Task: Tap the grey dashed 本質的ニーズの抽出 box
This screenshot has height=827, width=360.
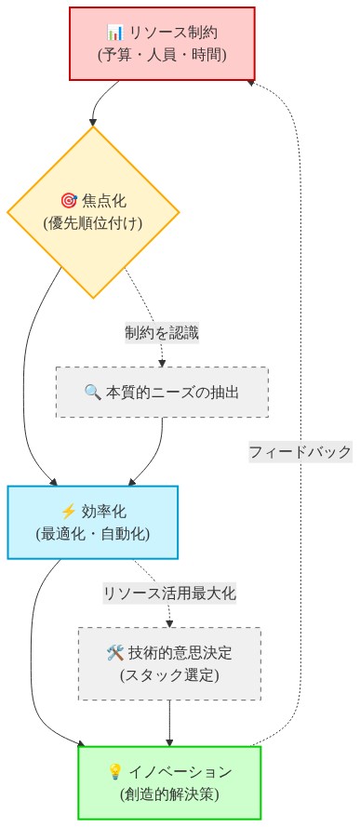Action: tap(162, 392)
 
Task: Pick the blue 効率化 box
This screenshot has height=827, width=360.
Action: tap(92, 521)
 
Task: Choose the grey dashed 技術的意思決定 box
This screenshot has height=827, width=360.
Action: tap(169, 663)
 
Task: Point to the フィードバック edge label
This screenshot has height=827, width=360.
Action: tap(300, 452)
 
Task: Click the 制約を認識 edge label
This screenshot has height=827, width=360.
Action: tap(162, 332)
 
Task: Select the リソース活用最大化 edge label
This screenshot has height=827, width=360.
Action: tap(169, 593)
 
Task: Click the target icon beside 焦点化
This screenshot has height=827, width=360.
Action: tap(68, 201)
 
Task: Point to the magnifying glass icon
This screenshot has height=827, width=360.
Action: tap(92, 392)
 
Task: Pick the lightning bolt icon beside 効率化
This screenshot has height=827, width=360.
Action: tap(67, 511)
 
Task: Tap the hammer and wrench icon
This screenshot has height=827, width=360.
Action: tap(115, 653)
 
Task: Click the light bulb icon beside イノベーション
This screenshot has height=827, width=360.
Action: tap(115, 771)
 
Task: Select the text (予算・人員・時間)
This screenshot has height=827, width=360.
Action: tap(162, 55)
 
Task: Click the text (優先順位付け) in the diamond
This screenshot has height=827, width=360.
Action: tap(93, 223)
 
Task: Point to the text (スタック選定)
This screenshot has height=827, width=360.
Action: tap(169, 674)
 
